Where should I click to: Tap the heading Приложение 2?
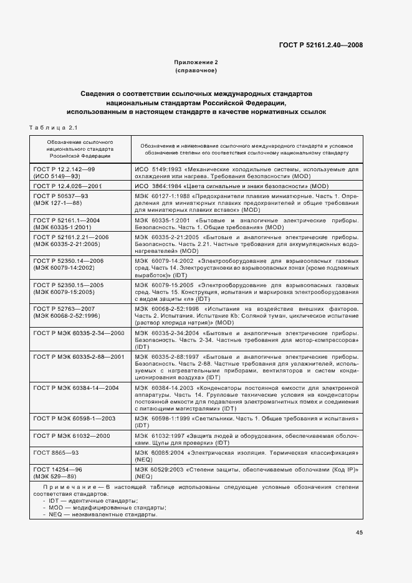coord(196,63)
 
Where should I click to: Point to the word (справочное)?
coord(196,71)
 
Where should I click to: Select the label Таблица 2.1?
coord(52,128)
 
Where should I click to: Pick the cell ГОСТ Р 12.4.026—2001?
coord(67,186)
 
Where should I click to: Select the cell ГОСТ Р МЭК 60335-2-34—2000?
coord(79,333)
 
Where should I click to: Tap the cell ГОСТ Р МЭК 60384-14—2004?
coord(76,388)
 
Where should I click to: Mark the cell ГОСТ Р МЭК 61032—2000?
coord(72,435)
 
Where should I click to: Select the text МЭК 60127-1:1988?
coord(162,196)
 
